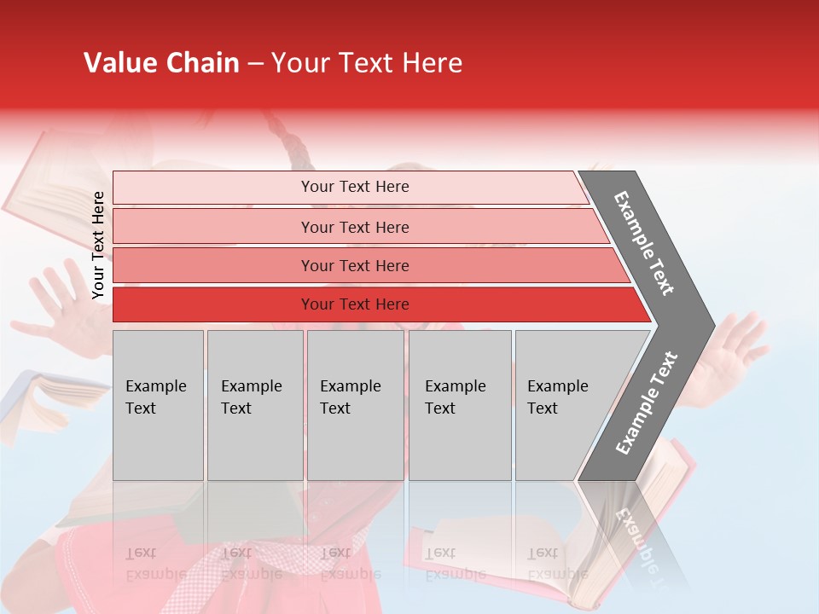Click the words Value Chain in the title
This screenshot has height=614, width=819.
pos(161,63)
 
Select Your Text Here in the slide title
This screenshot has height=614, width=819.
pos(367,63)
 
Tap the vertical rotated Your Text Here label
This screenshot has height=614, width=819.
pos(98,245)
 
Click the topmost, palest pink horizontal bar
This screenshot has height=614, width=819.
pos(350,188)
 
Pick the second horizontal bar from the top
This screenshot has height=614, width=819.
pos(354,227)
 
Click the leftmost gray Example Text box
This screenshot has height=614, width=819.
pos(158,405)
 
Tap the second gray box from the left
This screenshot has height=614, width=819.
pos(255,405)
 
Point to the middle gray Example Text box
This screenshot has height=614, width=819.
pos(355,405)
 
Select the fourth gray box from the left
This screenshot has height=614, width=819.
pos(460,405)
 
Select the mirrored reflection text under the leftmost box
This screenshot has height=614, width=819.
pos(156,564)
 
